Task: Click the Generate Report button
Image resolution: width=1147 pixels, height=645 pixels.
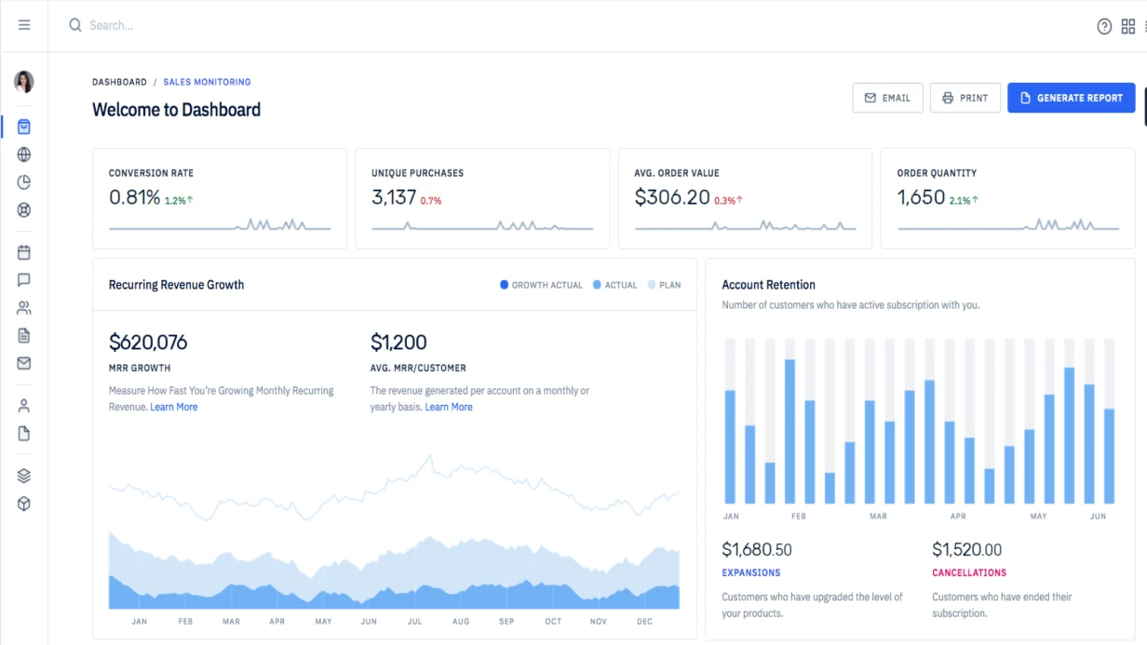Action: pos(1071,98)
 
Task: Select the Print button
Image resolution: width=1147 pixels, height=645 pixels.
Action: pos(965,98)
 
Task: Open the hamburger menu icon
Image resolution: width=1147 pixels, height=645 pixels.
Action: pos(24,25)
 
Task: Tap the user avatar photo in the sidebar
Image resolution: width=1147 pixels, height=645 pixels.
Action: pos(24,82)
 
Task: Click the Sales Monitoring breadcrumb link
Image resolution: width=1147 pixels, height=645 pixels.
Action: pos(207,82)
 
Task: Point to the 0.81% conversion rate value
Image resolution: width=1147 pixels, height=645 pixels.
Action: pos(135,197)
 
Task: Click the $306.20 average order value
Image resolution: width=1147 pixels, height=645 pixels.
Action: pos(672,197)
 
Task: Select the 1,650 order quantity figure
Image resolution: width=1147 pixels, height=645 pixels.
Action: pos(921,197)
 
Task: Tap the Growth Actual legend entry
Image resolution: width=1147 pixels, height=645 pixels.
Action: pos(541,285)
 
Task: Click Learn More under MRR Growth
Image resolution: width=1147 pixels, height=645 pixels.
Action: pos(174,407)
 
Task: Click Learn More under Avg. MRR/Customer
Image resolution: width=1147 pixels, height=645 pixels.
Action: pos(449,407)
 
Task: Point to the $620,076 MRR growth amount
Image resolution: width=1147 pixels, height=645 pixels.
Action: pos(148,343)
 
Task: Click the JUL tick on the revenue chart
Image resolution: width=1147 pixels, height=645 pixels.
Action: pos(414,621)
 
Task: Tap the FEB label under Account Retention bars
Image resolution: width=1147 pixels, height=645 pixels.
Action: pos(799,516)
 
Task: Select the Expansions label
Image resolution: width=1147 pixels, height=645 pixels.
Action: pos(750,572)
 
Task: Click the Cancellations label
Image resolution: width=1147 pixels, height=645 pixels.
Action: pos(969,572)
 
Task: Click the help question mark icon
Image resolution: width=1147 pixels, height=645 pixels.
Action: pos(1104,26)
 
